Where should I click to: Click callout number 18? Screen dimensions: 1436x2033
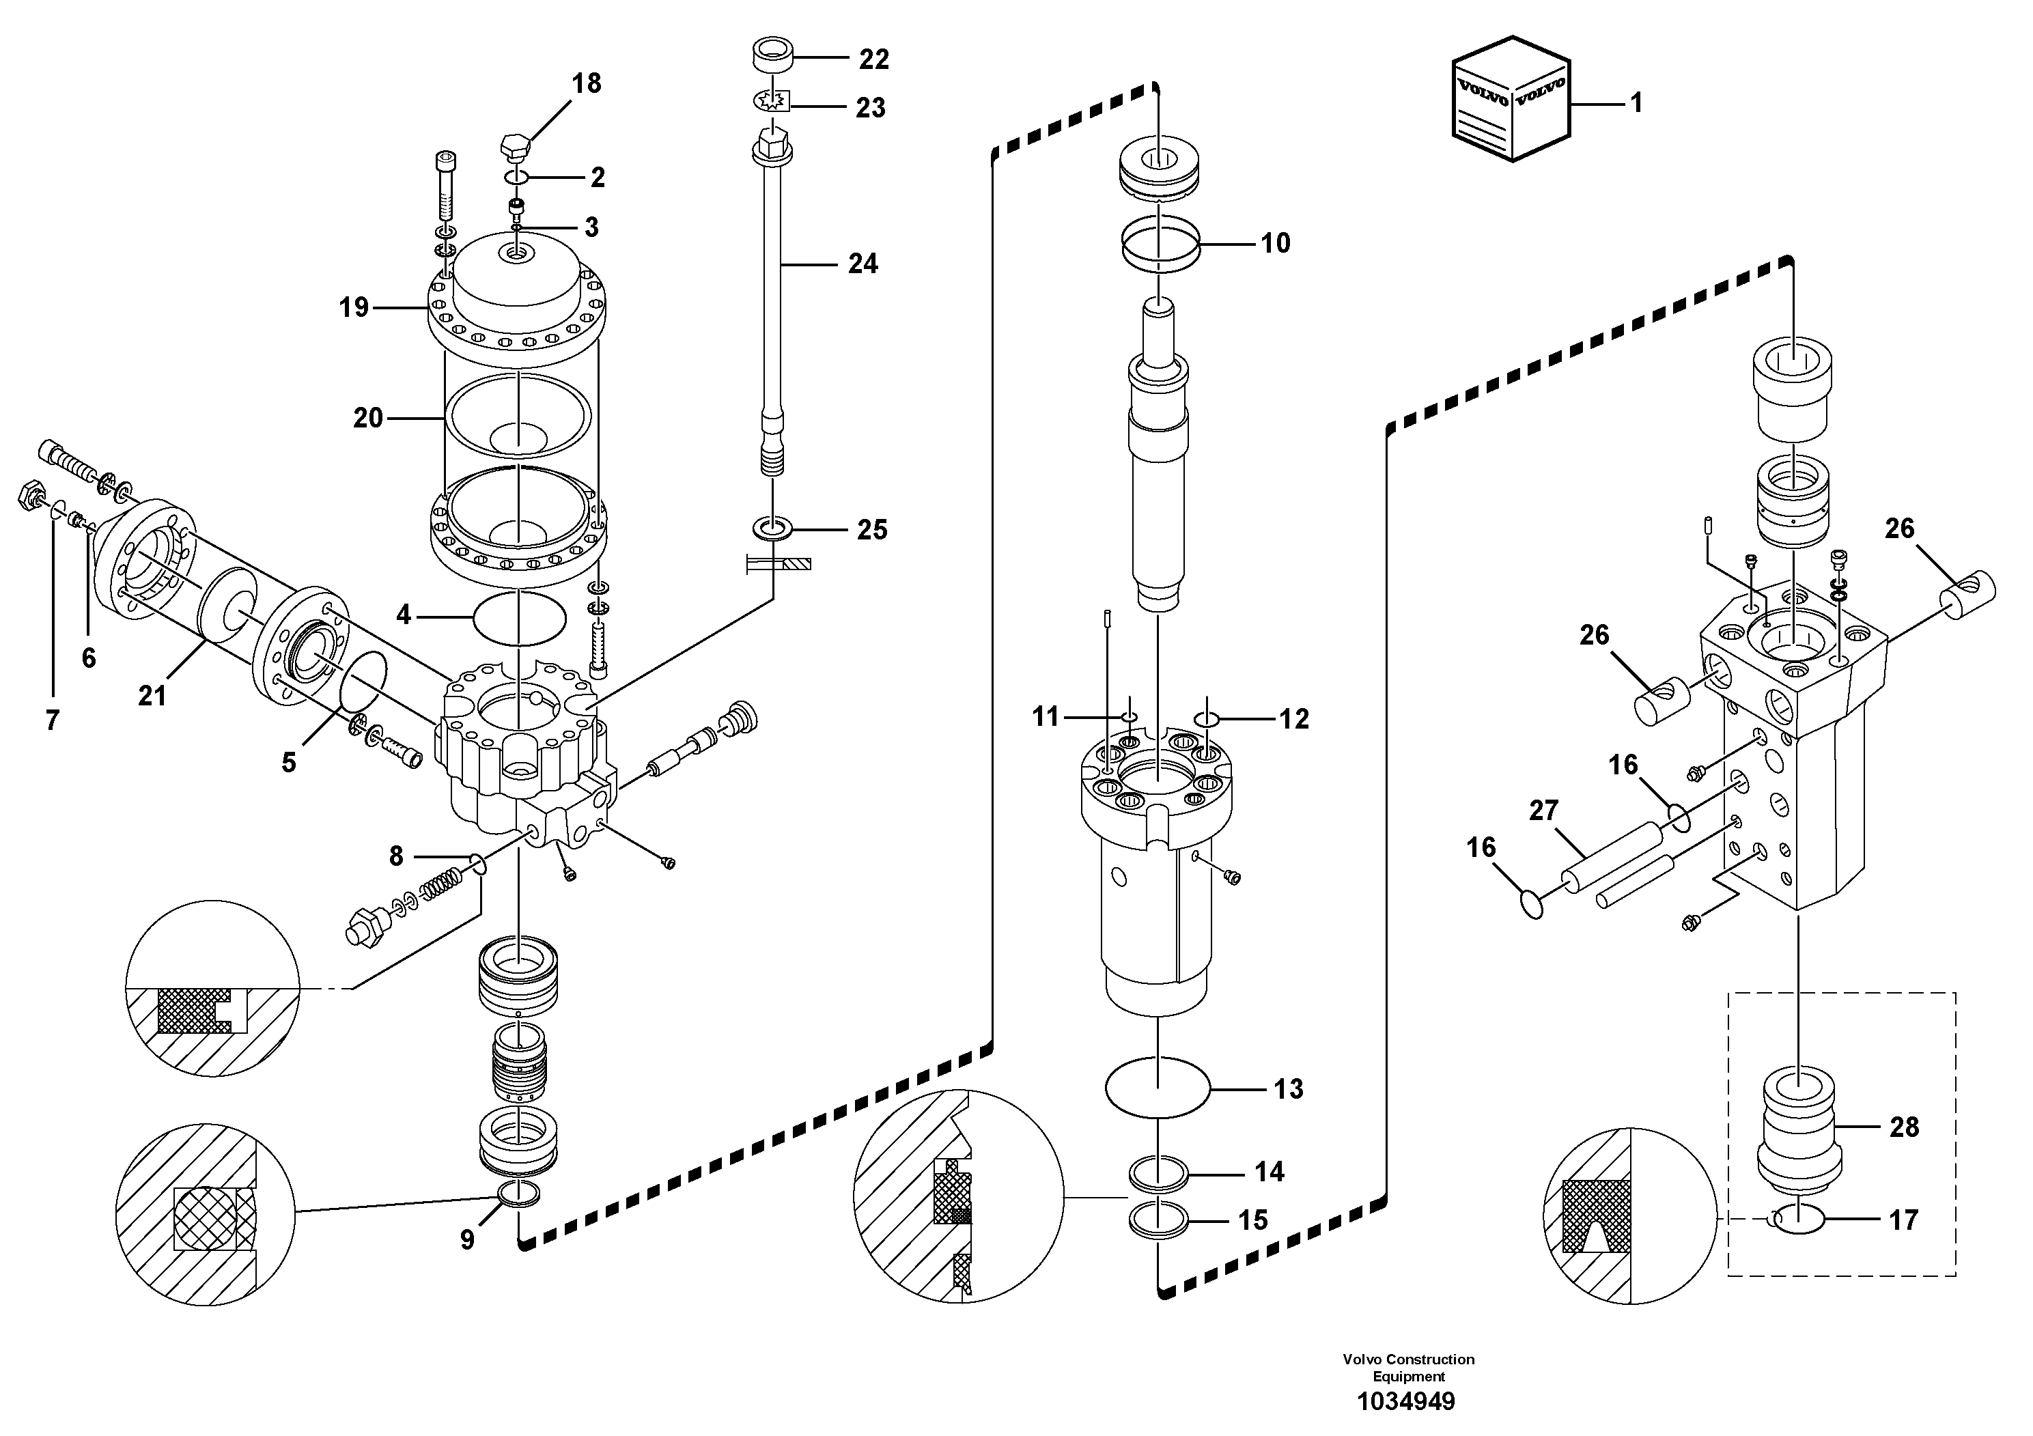coord(586,84)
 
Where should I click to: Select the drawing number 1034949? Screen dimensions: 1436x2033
coord(1408,1401)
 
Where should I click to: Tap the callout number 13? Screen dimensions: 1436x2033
coord(1289,1089)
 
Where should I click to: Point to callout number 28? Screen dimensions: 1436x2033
coord(1904,1127)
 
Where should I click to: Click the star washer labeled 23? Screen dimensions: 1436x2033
coord(771,104)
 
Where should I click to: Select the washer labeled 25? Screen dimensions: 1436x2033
coord(772,529)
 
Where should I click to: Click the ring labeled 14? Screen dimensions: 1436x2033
coord(1158,1176)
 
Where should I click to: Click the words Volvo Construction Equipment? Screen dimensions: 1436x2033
coord(1408,1367)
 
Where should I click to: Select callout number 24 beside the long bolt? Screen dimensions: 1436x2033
coord(863,264)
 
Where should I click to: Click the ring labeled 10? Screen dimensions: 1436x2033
coord(1160,242)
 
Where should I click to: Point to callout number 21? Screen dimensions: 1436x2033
coord(152,696)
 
